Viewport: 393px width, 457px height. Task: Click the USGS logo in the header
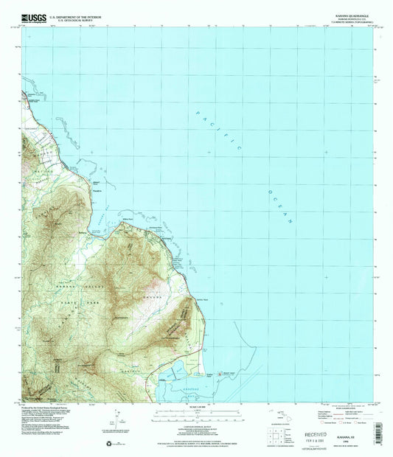[28, 16]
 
